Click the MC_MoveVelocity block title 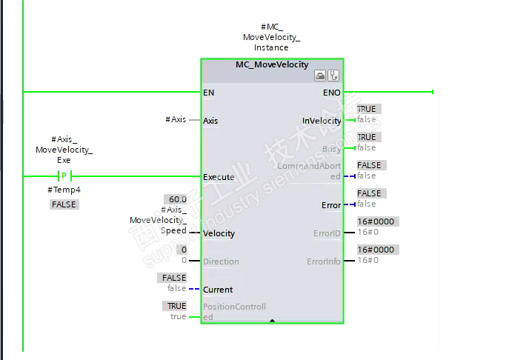pos(272,64)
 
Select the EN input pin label pos(208,93)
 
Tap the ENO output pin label pos(331,93)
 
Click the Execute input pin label pos(218,177)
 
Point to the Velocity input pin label pos(219,233)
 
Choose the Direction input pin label pos(221,261)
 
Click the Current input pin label pos(218,290)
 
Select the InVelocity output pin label pos(322,121)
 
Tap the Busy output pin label pos(331,149)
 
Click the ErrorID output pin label pos(327,233)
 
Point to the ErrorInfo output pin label pos(324,261)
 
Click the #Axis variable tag pos(176,119)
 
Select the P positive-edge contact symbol pos(64,176)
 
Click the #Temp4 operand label pos(64,190)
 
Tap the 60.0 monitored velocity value pos(176,199)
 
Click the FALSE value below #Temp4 pos(64,204)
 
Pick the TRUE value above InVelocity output pos(367,109)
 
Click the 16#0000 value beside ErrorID pos(376,221)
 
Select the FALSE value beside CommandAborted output pos(369,165)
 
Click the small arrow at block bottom pos(272,321)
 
